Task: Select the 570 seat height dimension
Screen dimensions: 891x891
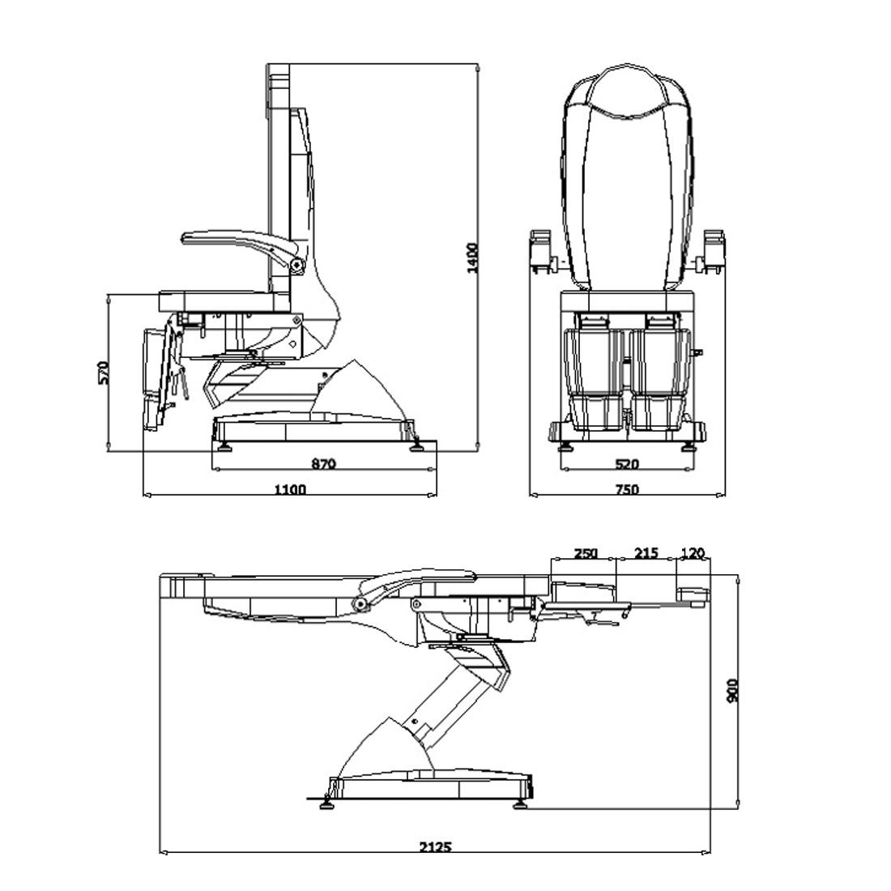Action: [102, 373]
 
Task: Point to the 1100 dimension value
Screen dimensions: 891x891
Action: [289, 488]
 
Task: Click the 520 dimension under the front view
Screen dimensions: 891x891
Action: [627, 464]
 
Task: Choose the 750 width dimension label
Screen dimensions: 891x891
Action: [627, 488]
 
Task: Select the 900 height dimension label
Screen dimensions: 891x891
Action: [734, 691]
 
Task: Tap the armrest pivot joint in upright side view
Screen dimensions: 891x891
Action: [297, 263]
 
